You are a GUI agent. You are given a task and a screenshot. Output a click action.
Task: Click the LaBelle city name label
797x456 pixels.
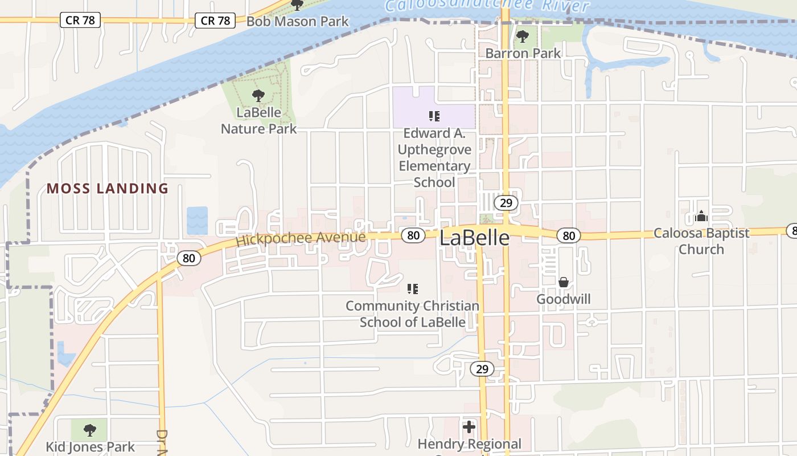coord(474,238)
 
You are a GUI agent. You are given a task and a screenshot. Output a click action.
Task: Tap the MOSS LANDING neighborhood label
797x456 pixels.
coord(108,188)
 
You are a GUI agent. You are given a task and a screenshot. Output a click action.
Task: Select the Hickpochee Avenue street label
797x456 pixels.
coord(301,238)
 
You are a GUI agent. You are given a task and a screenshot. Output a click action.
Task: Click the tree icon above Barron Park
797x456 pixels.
coord(522,37)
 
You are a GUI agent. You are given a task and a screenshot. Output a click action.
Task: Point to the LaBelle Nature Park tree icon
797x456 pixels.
coord(258,95)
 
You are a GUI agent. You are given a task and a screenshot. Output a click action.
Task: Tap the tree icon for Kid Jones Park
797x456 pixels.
coord(89,430)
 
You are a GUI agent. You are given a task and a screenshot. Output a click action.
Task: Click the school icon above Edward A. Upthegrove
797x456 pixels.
coord(434,116)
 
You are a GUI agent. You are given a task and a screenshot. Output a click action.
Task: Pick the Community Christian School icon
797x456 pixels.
coord(413,289)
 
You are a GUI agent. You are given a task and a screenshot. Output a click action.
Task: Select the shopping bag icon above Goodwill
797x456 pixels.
coord(564,282)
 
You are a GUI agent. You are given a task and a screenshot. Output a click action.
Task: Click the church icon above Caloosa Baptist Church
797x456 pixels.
coord(701,216)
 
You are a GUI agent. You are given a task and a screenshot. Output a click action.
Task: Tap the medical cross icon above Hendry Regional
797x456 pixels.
coord(469,427)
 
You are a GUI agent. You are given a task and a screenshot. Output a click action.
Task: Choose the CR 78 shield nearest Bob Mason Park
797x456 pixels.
coord(216,21)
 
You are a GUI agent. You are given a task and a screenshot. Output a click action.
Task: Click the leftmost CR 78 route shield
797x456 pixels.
coord(80,20)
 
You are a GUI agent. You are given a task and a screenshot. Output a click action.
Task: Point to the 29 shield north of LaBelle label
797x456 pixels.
coord(506,202)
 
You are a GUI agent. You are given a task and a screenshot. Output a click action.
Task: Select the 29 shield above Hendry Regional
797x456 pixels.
coord(482,369)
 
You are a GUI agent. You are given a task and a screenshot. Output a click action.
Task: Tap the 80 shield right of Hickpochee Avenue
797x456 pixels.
coord(413,235)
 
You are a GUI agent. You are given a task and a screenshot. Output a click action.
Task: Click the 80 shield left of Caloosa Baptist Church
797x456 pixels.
coord(568,235)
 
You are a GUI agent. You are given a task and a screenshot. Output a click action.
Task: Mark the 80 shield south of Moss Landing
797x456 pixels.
coord(189,258)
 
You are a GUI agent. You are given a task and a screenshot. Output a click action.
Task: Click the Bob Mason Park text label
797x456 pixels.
coord(298,22)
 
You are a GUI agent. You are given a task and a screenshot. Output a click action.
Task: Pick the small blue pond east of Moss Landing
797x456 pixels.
coord(197,220)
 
